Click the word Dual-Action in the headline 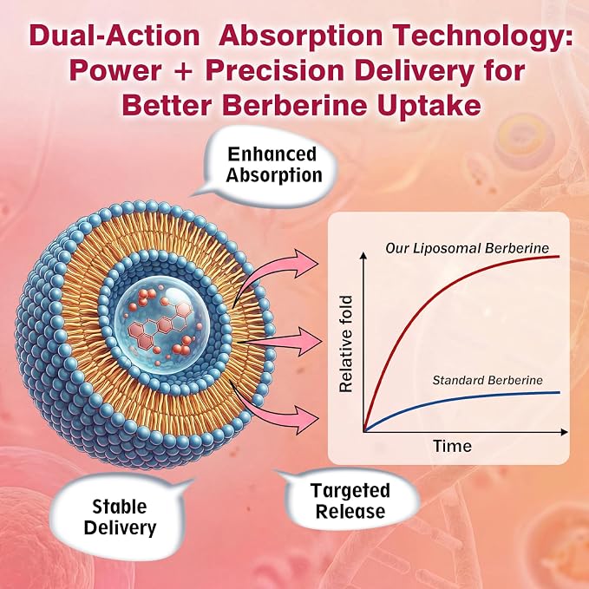pyautogui.click(x=115, y=36)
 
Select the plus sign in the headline pyautogui.click(x=183, y=71)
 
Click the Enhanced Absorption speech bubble pyautogui.click(x=270, y=166)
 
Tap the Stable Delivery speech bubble pyautogui.click(x=121, y=516)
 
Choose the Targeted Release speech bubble pyautogui.click(x=350, y=501)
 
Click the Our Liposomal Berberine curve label pyautogui.click(x=467, y=248)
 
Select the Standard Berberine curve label pyautogui.click(x=488, y=380)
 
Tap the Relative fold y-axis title pyautogui.click(x=345, y=344)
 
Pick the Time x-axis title pyautogui.click(x=452, y=446)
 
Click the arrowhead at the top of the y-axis pyautogui.click(x=363, y=255)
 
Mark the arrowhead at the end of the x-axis pyautogui.click(x=564, y=432)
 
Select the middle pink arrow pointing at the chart pyautogui.click(x=282, y=342)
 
